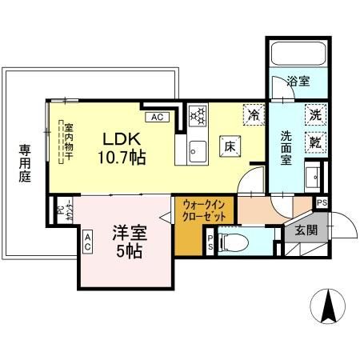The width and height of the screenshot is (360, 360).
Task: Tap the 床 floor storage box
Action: tap(228, 146)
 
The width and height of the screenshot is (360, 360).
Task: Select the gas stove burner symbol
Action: tap(198, 116)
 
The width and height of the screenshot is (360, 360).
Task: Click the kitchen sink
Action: tap(197, 149)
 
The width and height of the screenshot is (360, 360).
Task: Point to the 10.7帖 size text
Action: tap(122, 158)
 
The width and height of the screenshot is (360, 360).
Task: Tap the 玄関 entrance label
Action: tap(306, 231)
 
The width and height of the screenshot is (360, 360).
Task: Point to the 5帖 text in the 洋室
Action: tap(128, 251)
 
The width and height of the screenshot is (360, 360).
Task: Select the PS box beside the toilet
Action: tap(210, 242)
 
